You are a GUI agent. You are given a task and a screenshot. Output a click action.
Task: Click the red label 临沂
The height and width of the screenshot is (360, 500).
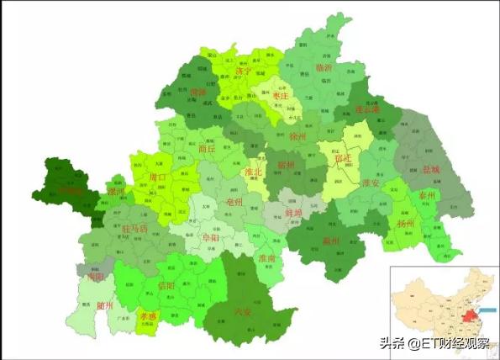324,66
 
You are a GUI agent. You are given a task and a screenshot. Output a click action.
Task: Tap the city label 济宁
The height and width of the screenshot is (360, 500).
243,71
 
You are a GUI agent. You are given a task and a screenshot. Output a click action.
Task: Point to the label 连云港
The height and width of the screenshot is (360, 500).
368,109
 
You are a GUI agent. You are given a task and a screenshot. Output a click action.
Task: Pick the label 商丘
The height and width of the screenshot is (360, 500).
208,149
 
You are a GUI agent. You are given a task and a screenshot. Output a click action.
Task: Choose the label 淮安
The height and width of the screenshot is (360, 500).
371,183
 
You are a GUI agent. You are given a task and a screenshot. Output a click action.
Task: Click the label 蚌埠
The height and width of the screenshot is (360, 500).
294,214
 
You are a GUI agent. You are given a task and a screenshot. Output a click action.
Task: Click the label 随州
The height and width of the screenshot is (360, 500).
105,305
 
